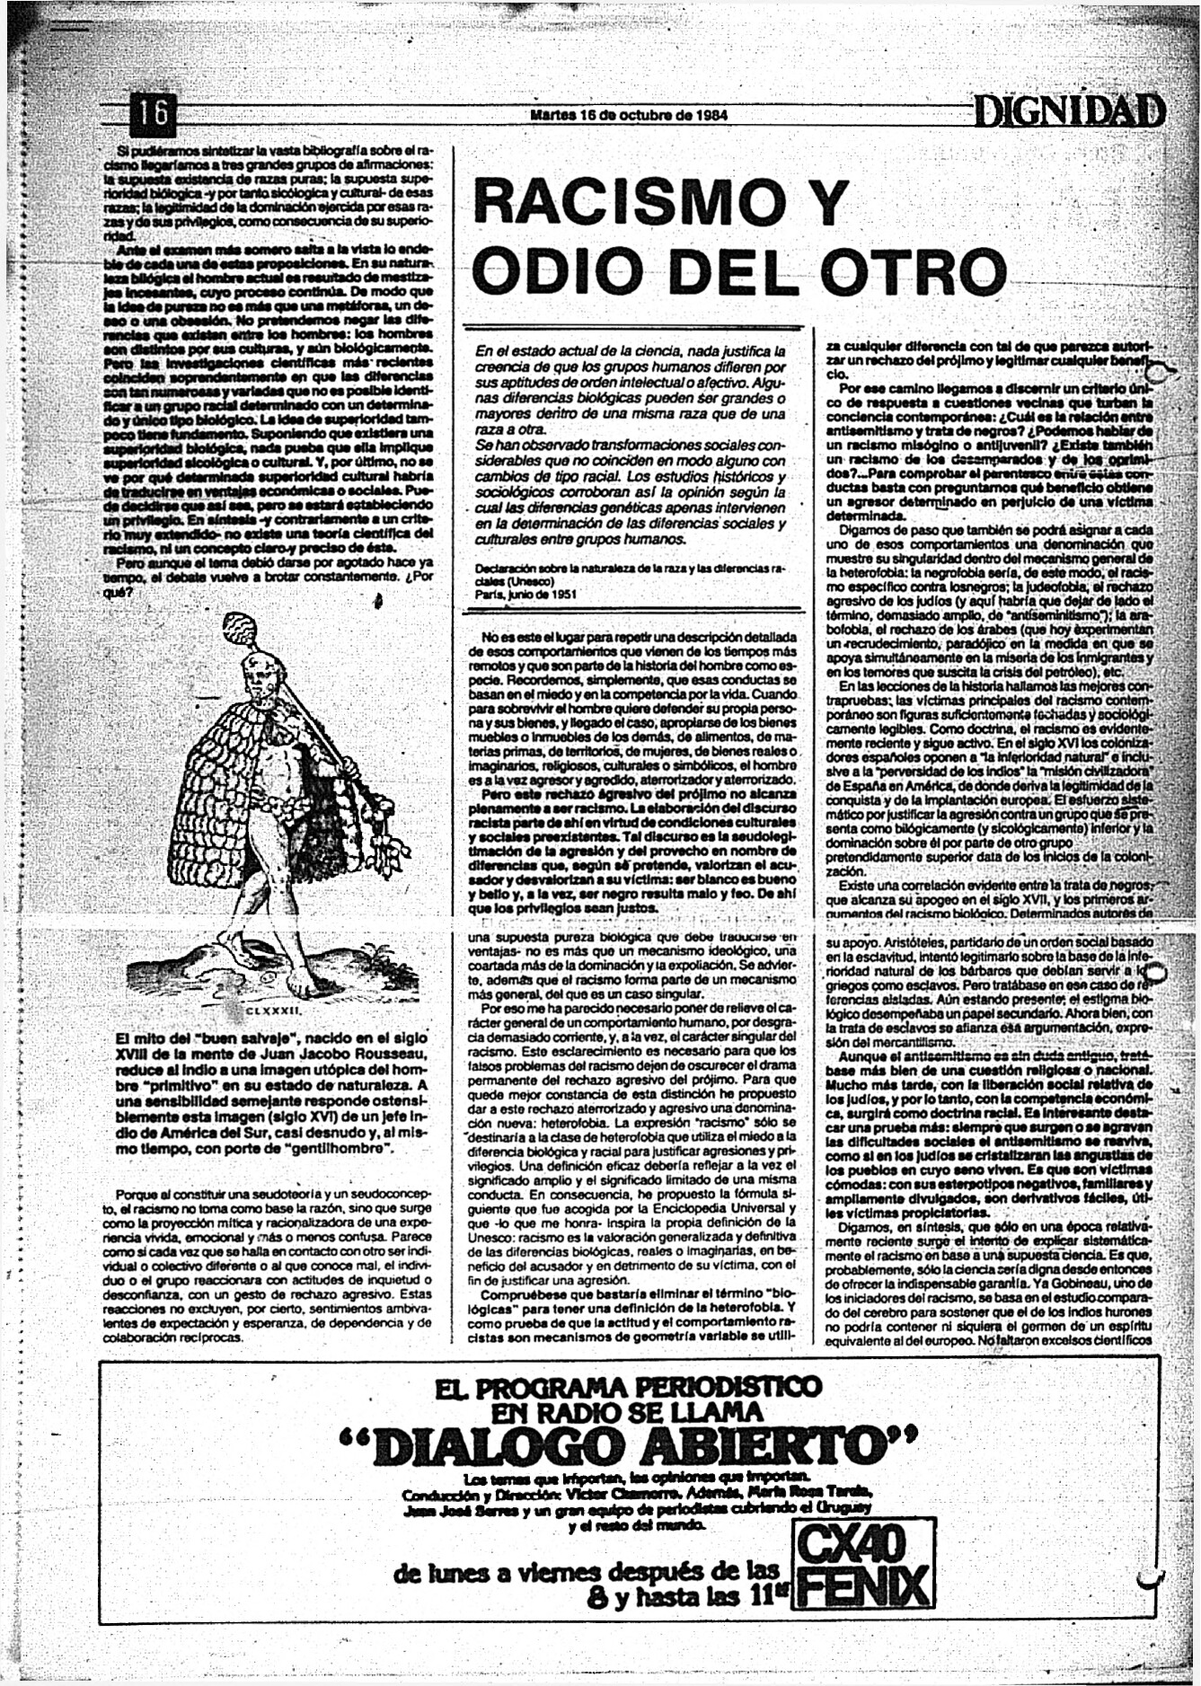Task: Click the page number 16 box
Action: (155, 113)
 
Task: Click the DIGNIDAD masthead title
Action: (1070, 112)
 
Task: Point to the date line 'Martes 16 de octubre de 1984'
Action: (629, 115)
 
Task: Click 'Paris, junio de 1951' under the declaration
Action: (526, 594)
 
